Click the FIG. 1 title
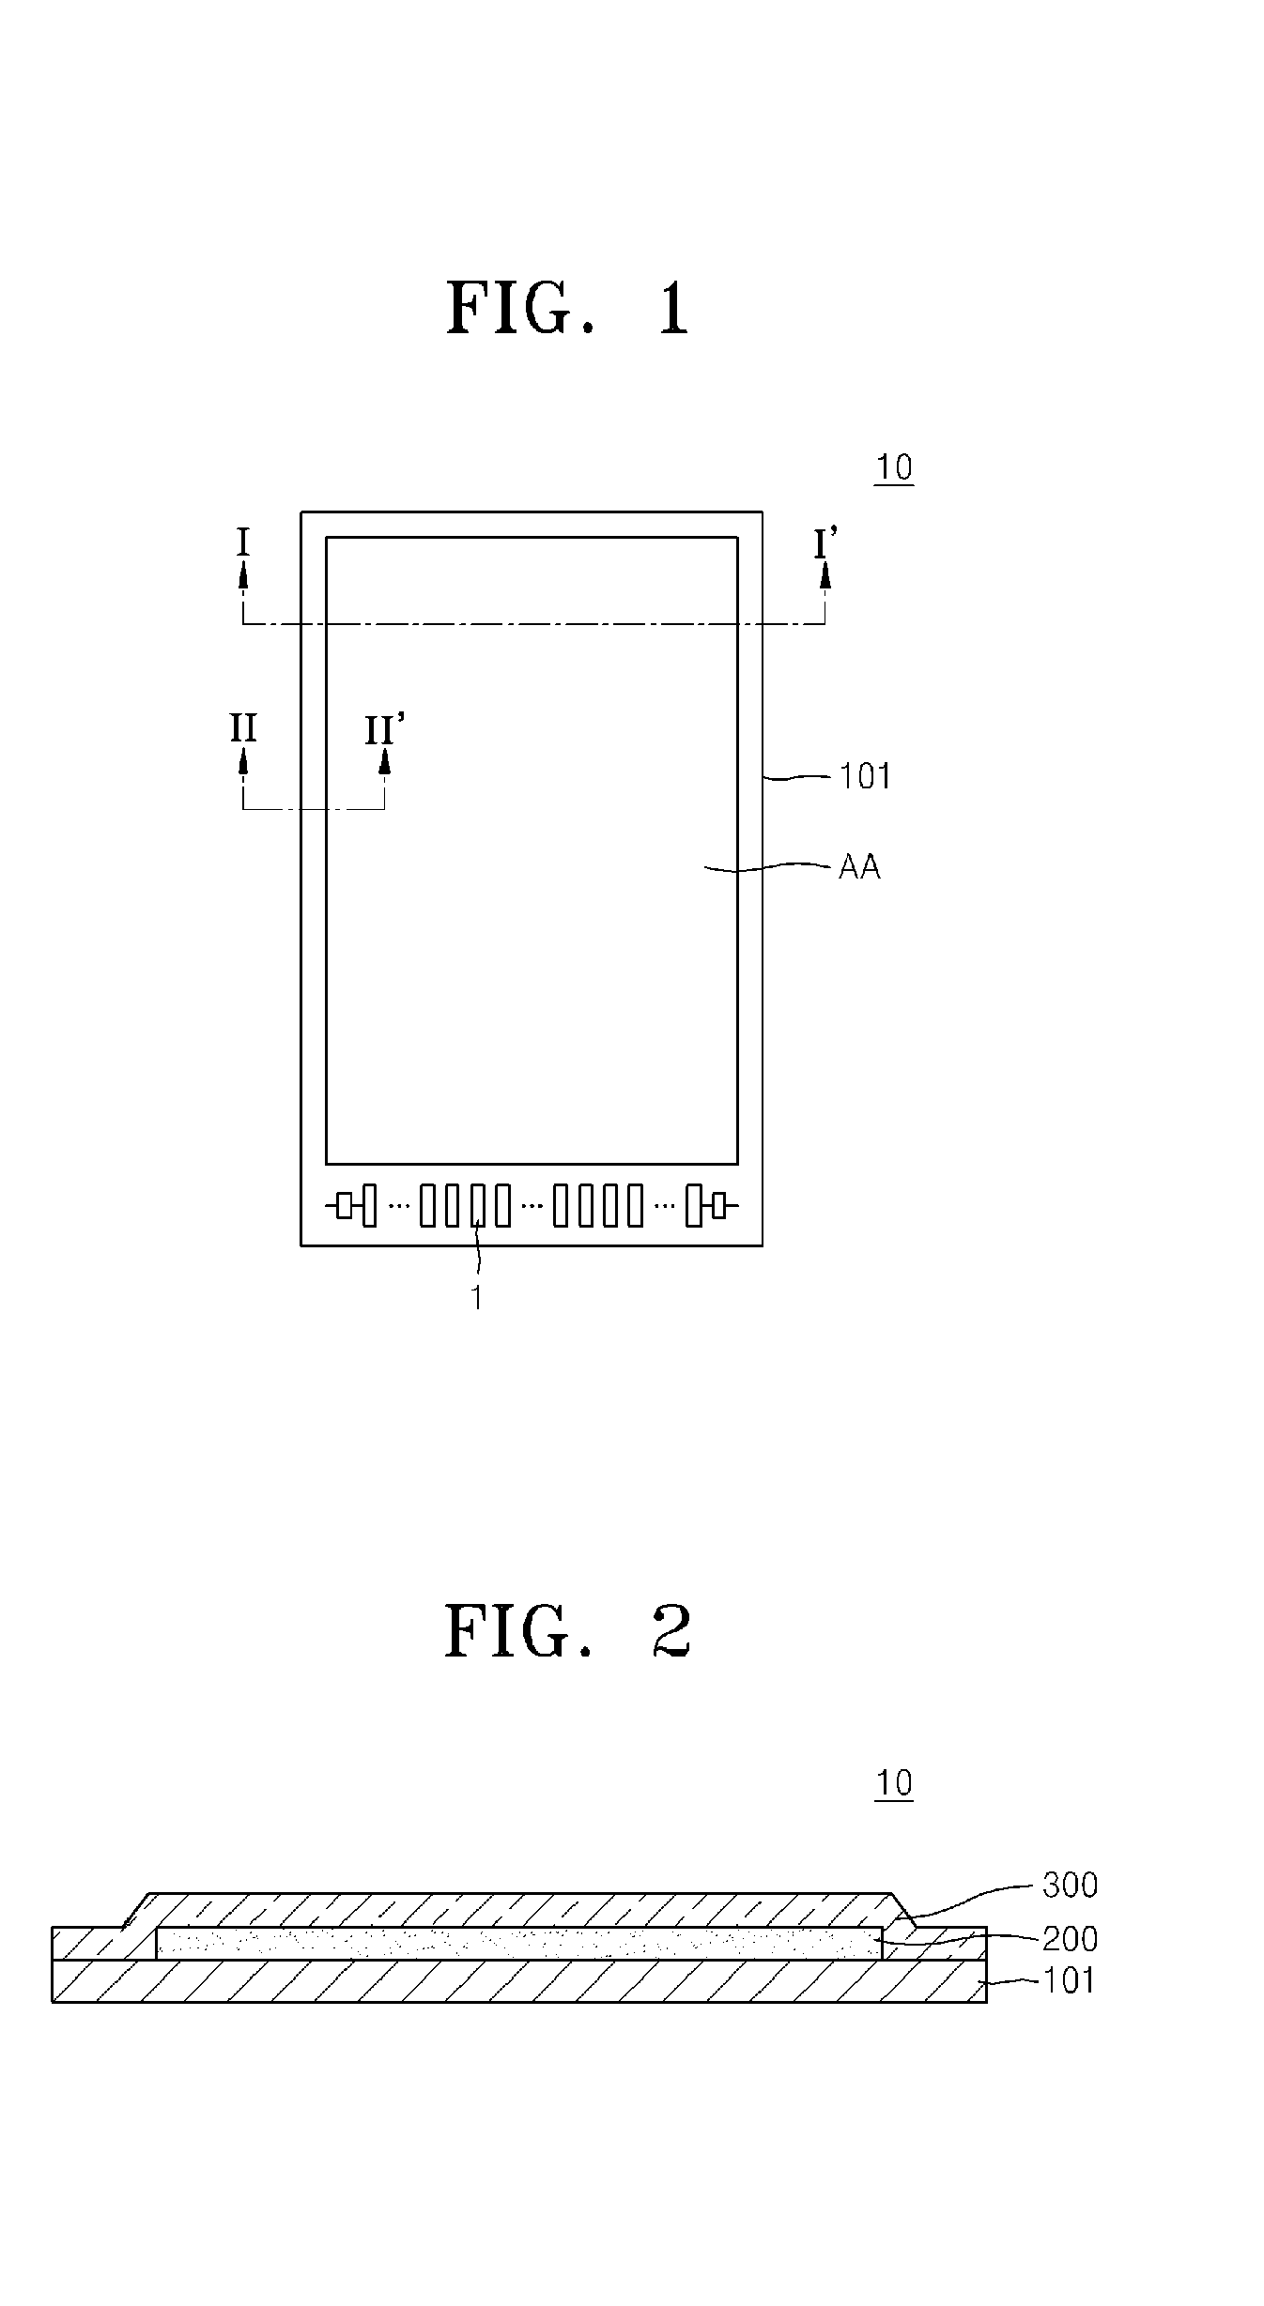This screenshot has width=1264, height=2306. click(568, 308)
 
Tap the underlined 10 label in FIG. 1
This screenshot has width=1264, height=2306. click(893, 466)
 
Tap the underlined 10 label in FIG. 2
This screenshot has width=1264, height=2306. click(893, 1782)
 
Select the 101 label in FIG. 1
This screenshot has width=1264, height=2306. click(865, 776)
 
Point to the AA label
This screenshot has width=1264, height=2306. click(859, 866)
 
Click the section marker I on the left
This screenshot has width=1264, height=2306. click(243, 542)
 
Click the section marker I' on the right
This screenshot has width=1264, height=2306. click(825, 542)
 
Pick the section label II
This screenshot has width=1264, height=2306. click(243, 728)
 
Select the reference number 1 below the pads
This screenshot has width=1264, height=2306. click(477, 1297)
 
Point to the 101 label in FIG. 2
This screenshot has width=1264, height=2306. click(1070, 1980)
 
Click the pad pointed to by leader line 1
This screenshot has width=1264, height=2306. click(478, 1205)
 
